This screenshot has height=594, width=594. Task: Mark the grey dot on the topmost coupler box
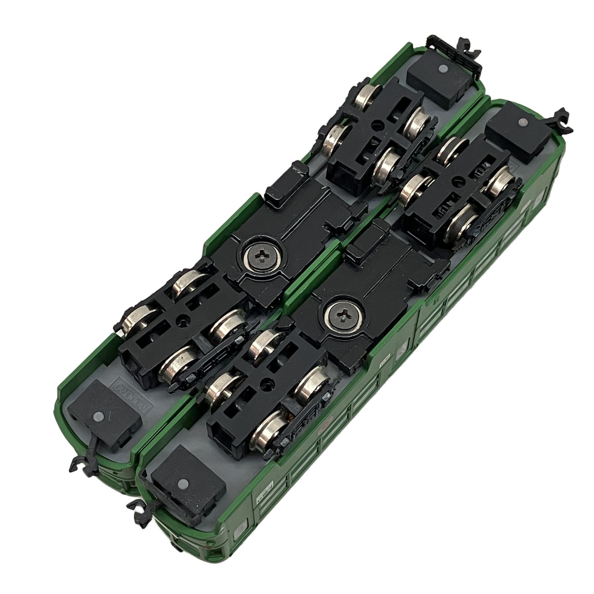[x=442, y=69]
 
